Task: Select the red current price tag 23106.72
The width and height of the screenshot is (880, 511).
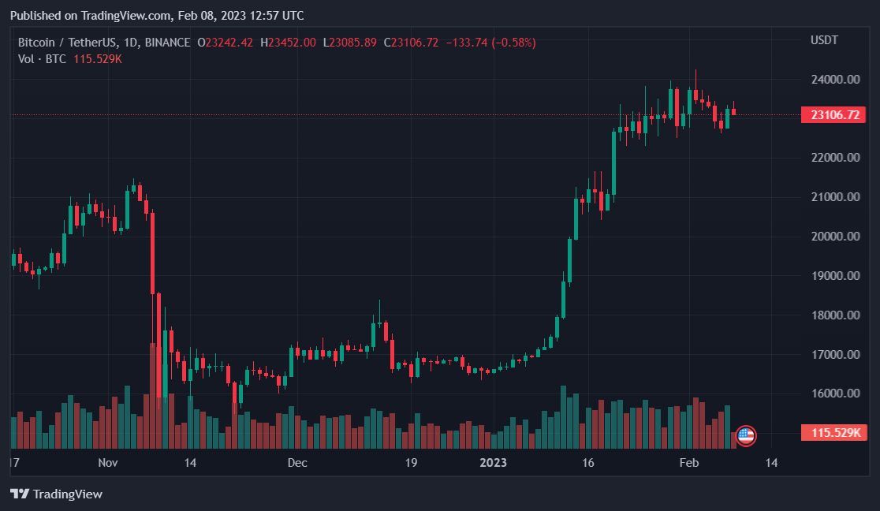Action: pos(833,115)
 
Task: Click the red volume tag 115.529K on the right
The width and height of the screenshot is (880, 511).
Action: pos(833,433)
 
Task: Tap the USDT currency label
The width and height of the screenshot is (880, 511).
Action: pos(824,40)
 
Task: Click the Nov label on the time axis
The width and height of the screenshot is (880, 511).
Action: pos(108,463)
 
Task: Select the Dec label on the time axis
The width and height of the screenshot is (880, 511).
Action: pos(297,463)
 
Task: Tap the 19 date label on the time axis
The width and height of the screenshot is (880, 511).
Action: pos(410,463)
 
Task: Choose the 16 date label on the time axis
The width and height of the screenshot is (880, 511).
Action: pos(587,463)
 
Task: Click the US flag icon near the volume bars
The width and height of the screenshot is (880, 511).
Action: pos(745,434)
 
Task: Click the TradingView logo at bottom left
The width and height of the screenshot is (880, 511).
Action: pos(56,494)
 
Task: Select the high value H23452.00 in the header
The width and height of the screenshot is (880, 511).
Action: pos(288,43)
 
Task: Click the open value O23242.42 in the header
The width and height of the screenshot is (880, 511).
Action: pos(225,43)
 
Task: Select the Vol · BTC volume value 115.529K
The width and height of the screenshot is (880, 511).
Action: pos(97,59)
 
